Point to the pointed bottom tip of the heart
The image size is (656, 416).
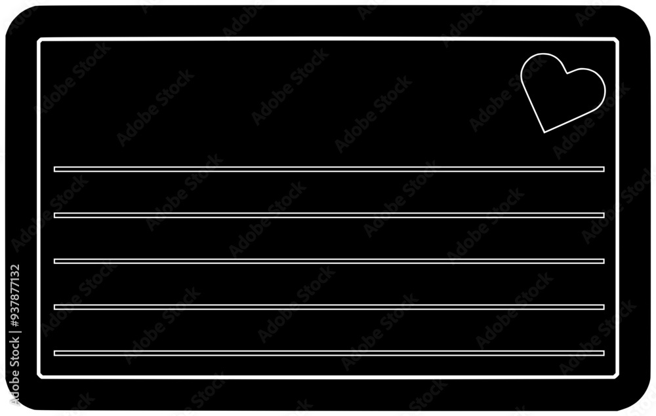544,133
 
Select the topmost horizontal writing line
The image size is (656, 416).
329,169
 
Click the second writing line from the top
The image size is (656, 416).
329,215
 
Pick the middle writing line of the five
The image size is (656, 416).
329,261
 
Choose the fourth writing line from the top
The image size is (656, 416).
329,307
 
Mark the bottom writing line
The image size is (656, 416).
329,353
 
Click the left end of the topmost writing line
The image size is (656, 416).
54,169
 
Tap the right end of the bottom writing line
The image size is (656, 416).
604,353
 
